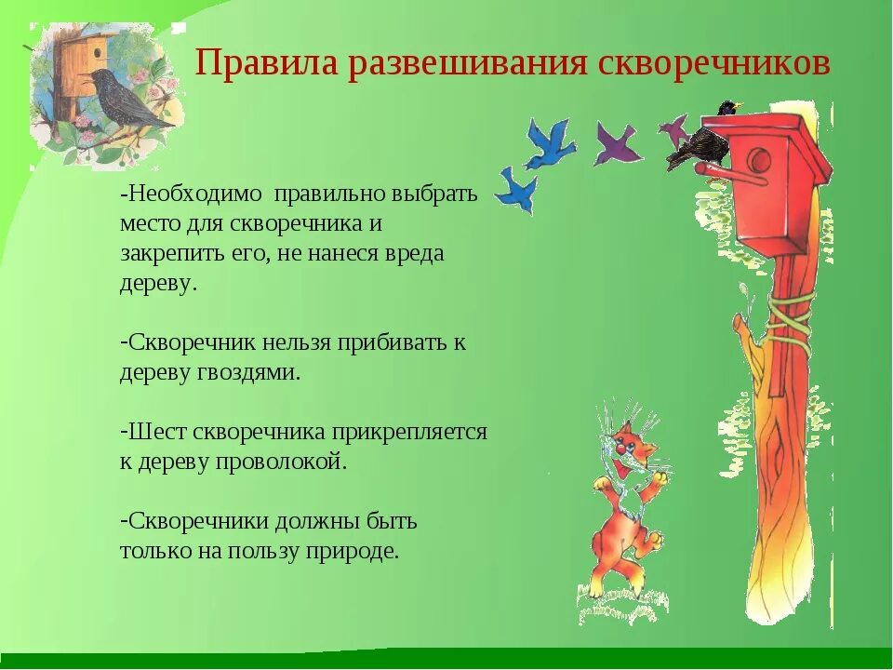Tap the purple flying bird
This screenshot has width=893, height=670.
click(616, 144)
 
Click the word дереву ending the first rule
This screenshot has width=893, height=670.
click(157, 283)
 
